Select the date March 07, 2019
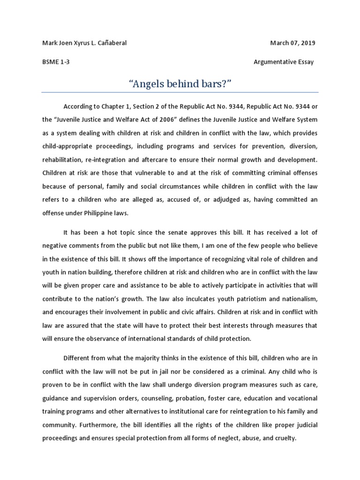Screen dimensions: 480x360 point(292,43)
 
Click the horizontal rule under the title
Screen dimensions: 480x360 point(180,92)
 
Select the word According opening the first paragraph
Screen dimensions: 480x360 point(80,106)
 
